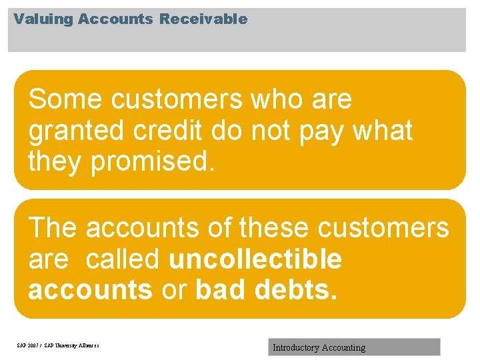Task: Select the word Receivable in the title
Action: tap(203, 19)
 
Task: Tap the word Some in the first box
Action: tap(65, 100)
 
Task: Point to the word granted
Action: tap(77, 131)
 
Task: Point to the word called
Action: tap(122, 259)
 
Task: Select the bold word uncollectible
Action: tap(255, 259)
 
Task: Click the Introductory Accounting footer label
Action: tap(319, 347)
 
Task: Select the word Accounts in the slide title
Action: tap(115, 19)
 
